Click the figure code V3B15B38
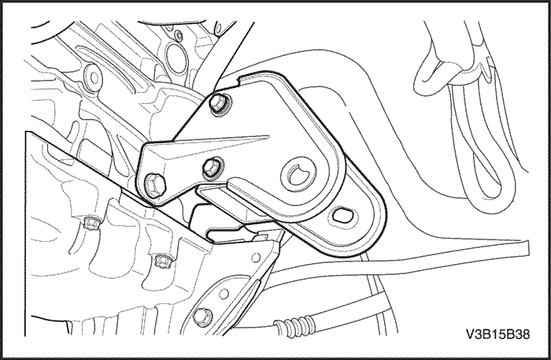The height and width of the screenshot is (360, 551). (x=497, y=334)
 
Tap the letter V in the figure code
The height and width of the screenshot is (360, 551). (x=470, y=334)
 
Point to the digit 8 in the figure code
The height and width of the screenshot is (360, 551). (x=526, y=334)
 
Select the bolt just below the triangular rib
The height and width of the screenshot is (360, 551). (x=213, y=167)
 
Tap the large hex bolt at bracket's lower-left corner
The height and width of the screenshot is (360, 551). (x=153, y=184)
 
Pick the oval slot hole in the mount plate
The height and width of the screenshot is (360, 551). (x=341, y=215)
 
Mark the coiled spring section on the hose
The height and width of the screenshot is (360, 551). (x=294, y=326)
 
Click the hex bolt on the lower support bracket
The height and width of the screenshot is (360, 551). (x=202, y=316)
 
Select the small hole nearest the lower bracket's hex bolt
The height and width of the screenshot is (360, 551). (x=224, y=294)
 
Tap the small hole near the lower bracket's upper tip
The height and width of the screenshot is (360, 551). (x=256, y=258)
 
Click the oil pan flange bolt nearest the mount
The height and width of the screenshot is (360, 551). (x=162, y=261)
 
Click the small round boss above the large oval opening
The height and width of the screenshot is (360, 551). (x=179, y=35)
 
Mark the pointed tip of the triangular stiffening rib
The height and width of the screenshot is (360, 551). (x=268, y=136)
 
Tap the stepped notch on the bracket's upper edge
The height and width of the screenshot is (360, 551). (x=240, y=80)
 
